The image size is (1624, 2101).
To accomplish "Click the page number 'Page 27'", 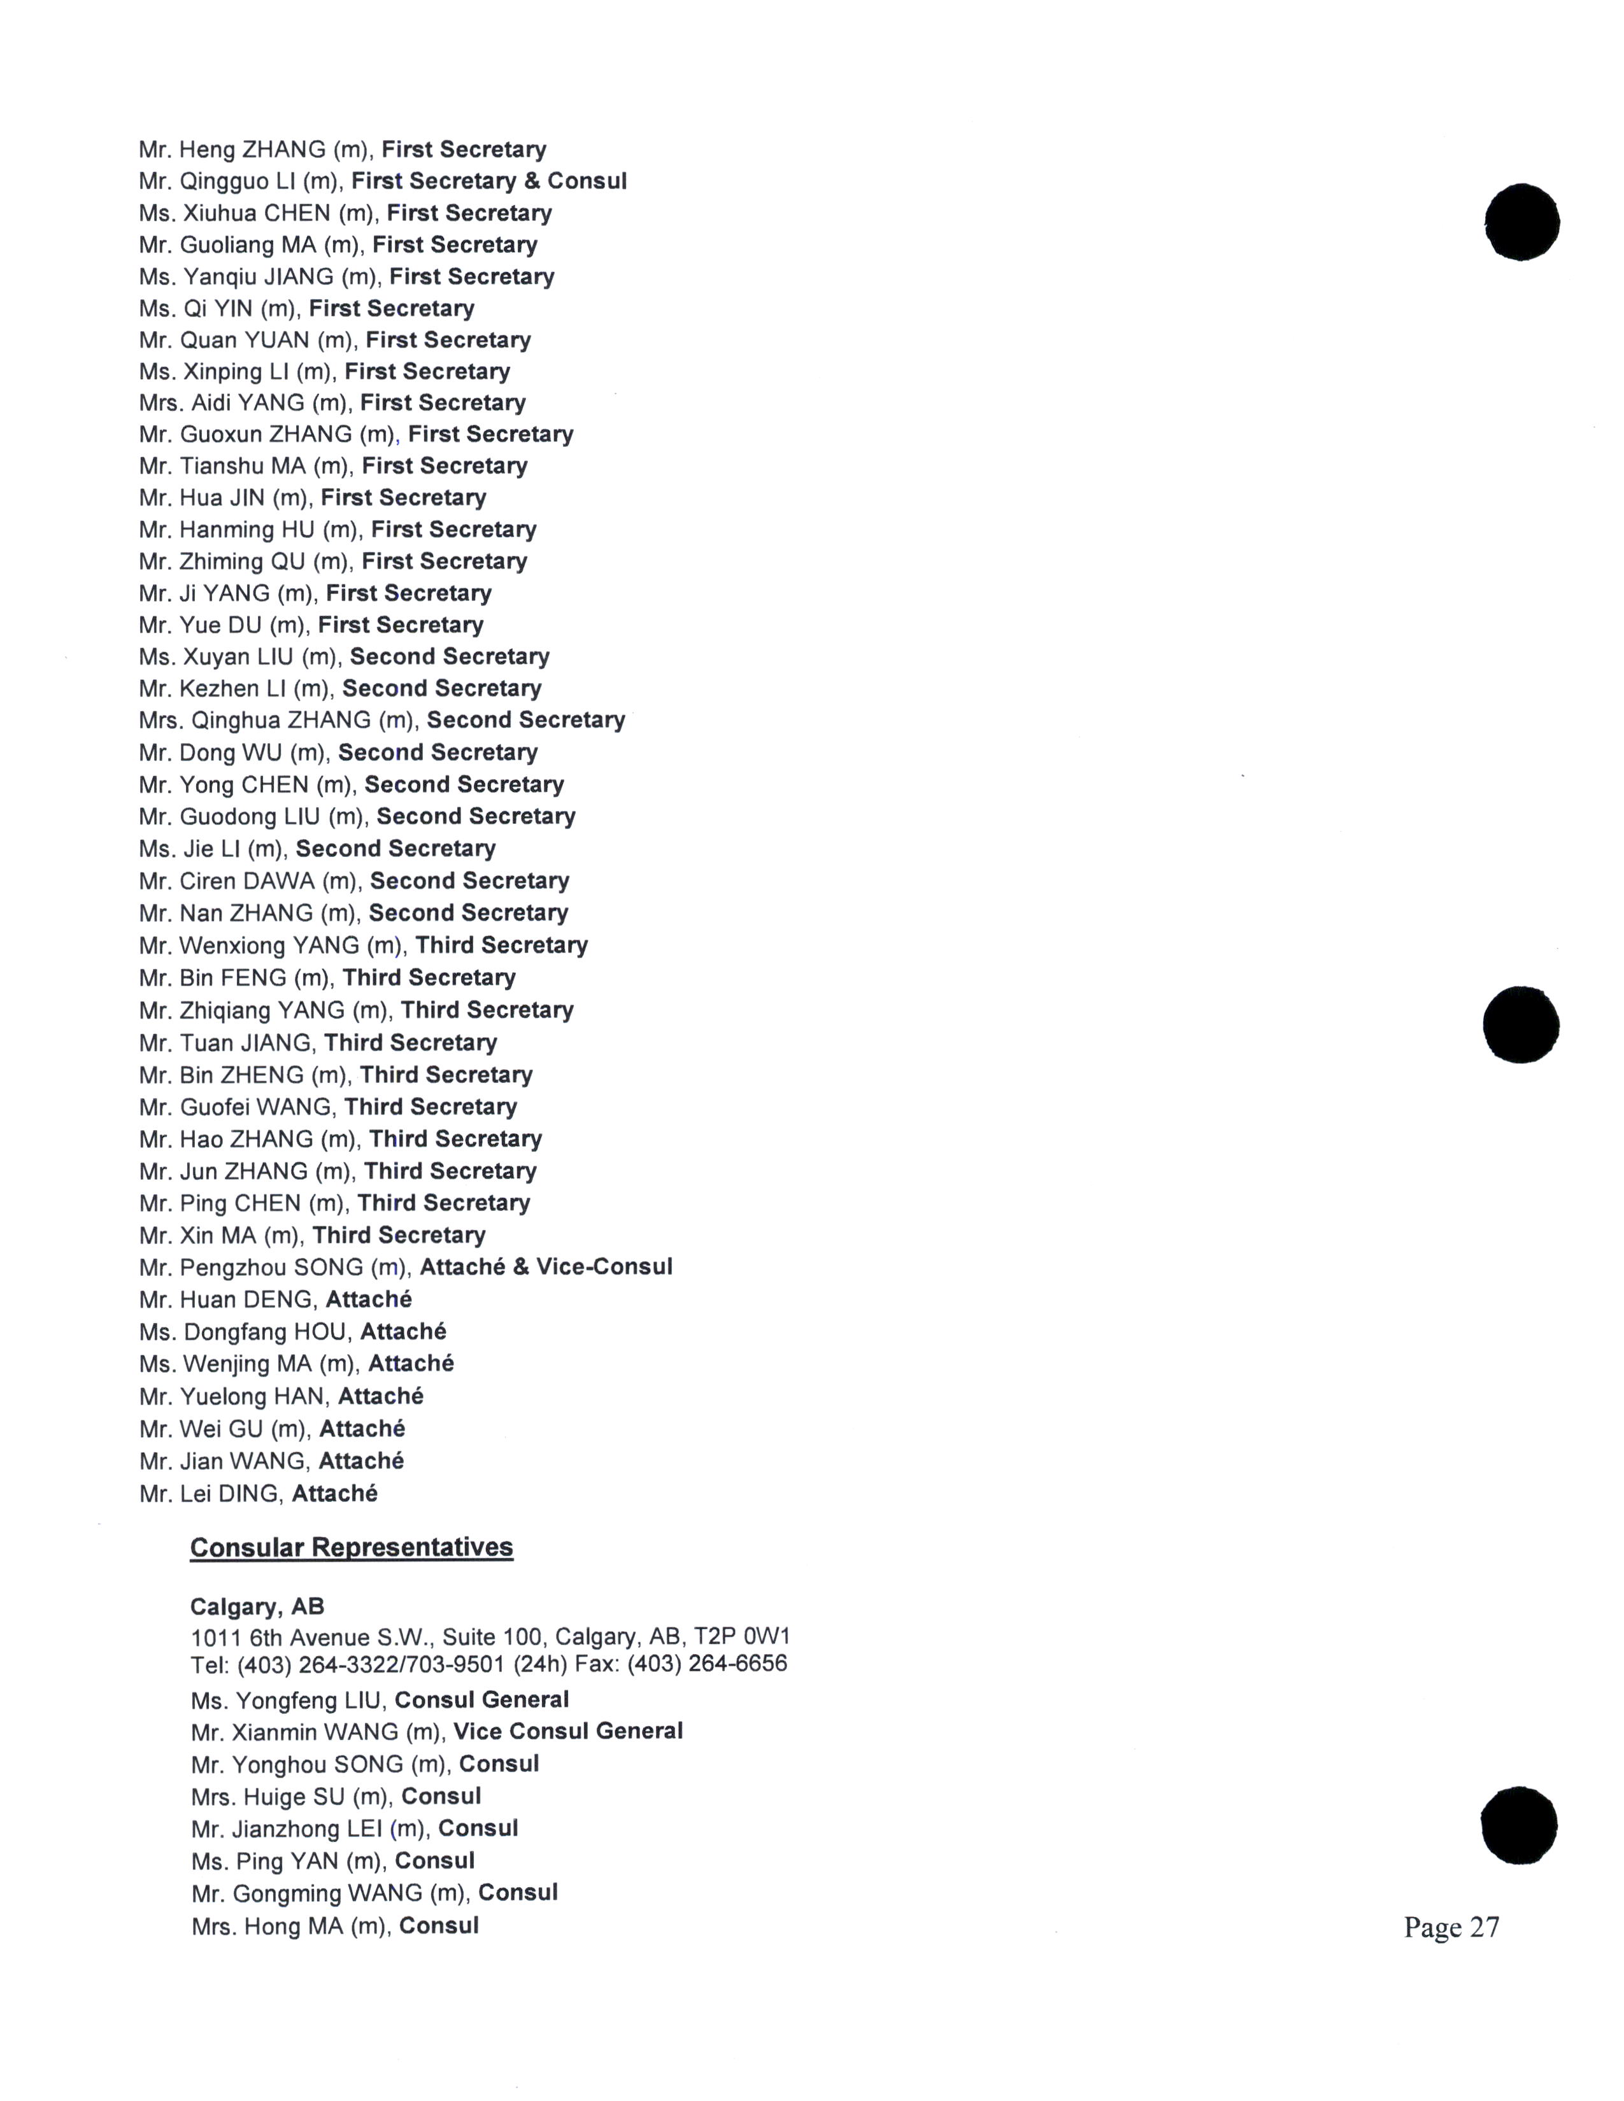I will (x=1450, y=1927).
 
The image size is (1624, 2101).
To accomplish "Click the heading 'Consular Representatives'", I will (x=351, y=1548).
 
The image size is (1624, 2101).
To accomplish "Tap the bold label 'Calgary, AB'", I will (x=257, y=1606).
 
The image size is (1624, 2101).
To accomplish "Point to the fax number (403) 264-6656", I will (x=707, y=1663).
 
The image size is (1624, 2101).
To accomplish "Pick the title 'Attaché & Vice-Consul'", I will (x=546, y=1267).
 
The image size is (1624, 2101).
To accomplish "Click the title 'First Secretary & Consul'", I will (x=488, y=181).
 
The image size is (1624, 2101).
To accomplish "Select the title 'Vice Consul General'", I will (x=567, y=1732).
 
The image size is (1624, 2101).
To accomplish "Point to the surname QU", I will (x=290, y=562).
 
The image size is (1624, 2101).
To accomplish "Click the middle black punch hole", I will (x=1521, y=1024).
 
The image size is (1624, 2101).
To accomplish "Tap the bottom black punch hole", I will (x=1519, y=1826).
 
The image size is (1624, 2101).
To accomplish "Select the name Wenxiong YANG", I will (x=268, y=945).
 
